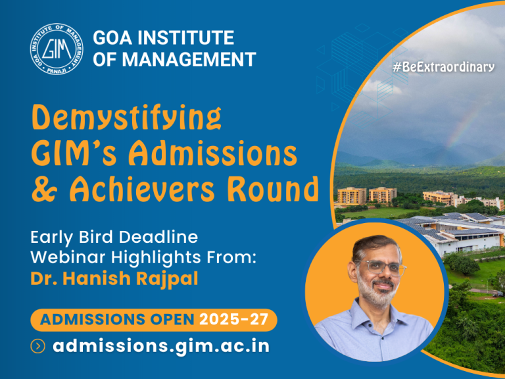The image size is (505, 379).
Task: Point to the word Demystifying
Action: click(x=127, y=119)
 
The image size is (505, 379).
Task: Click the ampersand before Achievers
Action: click(x=43, y=189)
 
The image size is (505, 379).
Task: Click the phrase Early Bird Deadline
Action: click(x=114, y=236)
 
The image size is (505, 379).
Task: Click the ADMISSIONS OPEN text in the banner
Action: click(x=117, y=320)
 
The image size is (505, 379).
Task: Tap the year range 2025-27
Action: click(x=235, y=320)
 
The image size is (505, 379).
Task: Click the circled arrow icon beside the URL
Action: click(x=38, y=347)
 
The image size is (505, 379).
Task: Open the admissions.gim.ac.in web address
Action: click(x=161, y=346)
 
